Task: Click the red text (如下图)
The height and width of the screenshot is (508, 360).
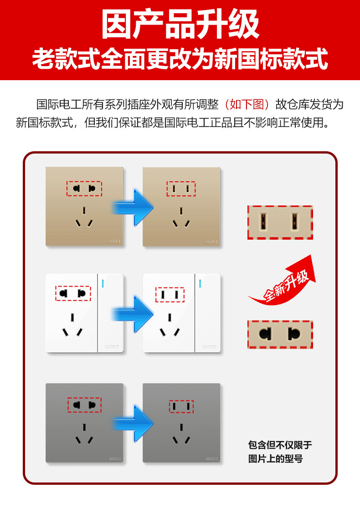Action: (x=248, y=104)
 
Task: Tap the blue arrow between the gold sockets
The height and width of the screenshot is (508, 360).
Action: (x=133, y=208)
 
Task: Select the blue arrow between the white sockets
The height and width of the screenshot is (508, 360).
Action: (x=133, y=313)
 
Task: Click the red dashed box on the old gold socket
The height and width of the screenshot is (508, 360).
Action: (x=84, y=188)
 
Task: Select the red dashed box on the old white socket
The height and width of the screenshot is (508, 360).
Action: (x=73, y=293)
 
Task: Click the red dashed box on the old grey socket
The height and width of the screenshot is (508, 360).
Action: (x=84, y=404)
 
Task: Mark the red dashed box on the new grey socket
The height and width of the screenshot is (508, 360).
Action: (x=181, y=406)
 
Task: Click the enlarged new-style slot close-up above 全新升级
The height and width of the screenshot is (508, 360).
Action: (x=280, y=222)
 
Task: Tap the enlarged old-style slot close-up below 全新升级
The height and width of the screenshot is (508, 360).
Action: (x=280, y=334)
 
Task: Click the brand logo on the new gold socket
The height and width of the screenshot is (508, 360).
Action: (x=212, y=241)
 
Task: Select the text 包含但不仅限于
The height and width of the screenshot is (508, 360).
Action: (x=280, y=445)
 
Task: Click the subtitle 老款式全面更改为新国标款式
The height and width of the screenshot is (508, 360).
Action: (x=180, y=59)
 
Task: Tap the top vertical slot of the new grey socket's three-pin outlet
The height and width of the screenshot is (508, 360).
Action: (x=181, y=428)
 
